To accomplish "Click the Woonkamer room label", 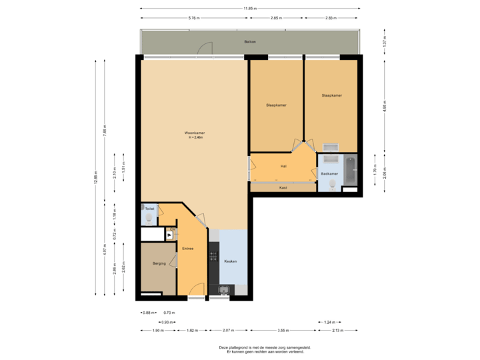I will [195, 133].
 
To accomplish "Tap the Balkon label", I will [249, 41].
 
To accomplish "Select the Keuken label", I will [231, 261].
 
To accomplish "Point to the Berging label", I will [159, 263].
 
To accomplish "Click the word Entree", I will [188, 249].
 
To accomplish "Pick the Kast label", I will [283, 187].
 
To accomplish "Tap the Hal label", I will [283, 166].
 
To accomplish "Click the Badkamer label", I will [329, 173].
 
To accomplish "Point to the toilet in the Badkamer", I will [330, 186].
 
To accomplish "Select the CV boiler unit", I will [170, 235].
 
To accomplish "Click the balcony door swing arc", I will [207, 47].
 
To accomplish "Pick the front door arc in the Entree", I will [196, 290].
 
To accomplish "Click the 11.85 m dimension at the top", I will [249, 8].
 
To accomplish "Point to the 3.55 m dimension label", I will [283, 331].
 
